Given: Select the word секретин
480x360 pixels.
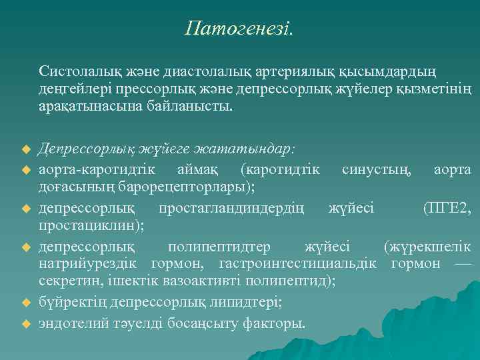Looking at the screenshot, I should pos(66,281).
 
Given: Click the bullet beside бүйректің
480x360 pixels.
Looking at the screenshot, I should pos(27,303).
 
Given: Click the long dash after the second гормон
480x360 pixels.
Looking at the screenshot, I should pos(460,264).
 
